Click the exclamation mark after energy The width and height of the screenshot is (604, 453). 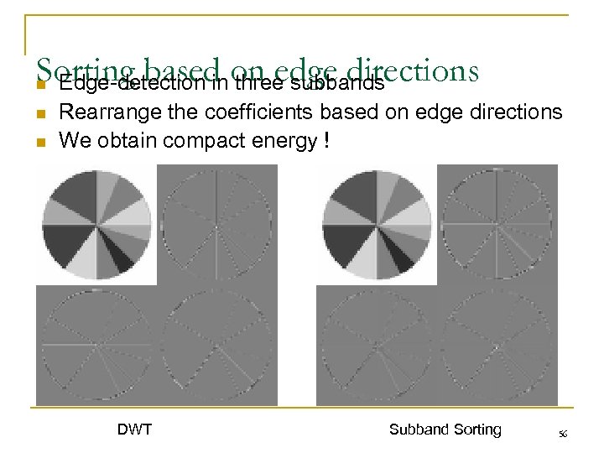(x=325, y=141)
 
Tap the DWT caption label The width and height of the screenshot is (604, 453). (x=134, y=430)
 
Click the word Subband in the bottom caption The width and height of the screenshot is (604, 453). (x=419, y=430)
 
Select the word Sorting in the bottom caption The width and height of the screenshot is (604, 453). (x=476, y=430)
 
